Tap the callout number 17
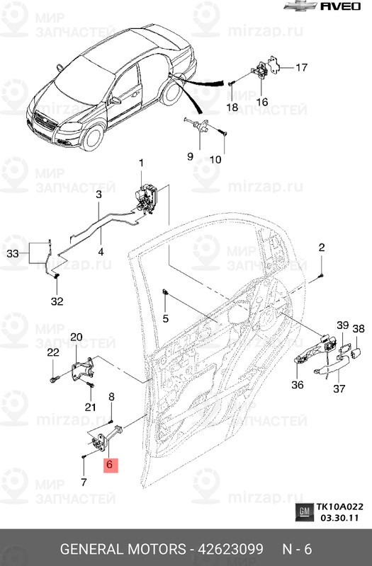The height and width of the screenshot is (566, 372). [x=301, y=67]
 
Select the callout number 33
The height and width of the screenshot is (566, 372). [x=13, y=253]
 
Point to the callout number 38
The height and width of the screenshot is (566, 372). [x=359, y=329]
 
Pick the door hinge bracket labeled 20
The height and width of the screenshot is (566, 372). [x=83, y=369]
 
